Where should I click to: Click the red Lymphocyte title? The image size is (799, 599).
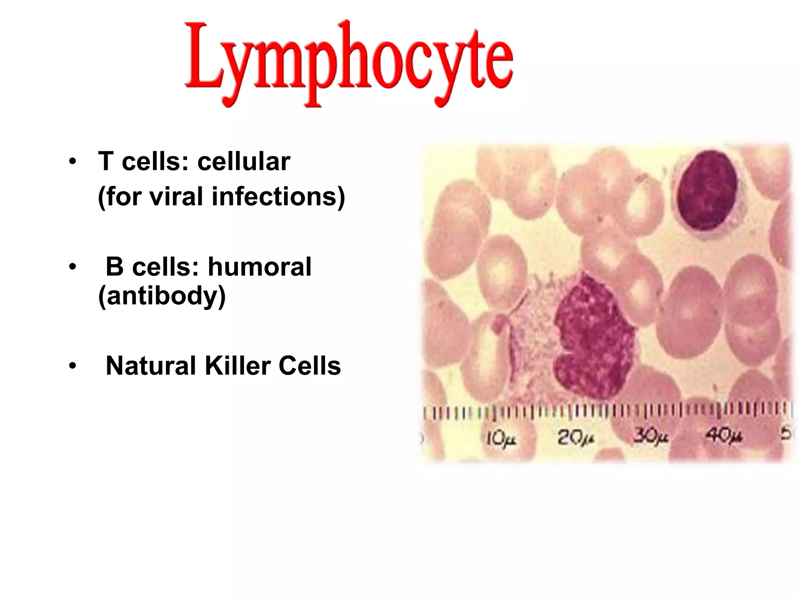[348, 62]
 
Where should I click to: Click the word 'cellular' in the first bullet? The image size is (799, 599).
[244, 161]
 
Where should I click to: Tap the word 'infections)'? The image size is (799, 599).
[278, 196]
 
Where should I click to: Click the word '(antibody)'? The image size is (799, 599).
[162, 296]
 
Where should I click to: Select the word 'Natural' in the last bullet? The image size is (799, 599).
[151, 366]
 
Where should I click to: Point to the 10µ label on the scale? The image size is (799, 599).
[501, 439]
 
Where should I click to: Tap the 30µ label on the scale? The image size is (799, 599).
[650, 437]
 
